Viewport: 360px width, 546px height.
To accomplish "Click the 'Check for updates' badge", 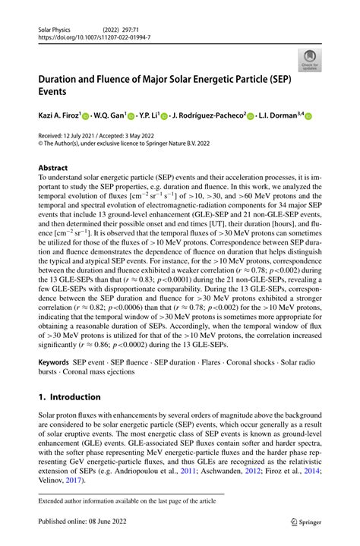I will tap(310, 61).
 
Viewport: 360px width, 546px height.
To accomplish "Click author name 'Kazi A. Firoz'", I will tap(58, 115).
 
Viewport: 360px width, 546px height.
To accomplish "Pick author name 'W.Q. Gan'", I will tap(112, 115).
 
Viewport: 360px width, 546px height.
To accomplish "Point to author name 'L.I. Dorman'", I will tap(279, 115).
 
